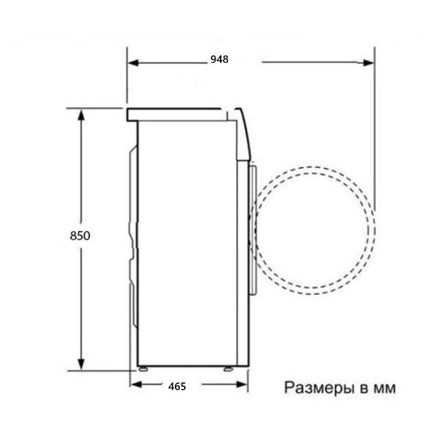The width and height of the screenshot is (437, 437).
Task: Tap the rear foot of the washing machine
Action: (143, 367)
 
